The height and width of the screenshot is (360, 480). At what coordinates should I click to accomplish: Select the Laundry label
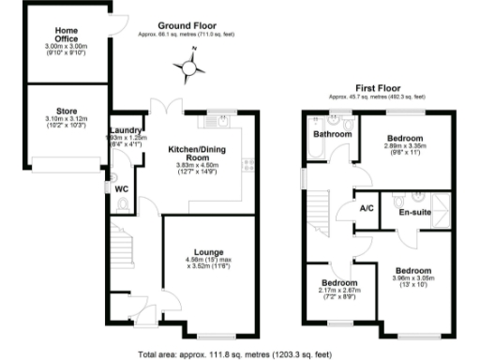tap(125, 130)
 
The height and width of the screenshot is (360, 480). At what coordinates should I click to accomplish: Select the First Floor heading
tap(373, 85)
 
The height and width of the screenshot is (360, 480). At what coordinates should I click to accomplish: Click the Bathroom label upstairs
tap(331, 135)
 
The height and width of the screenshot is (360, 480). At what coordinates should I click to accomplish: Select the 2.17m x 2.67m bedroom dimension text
tap(339, 292)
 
